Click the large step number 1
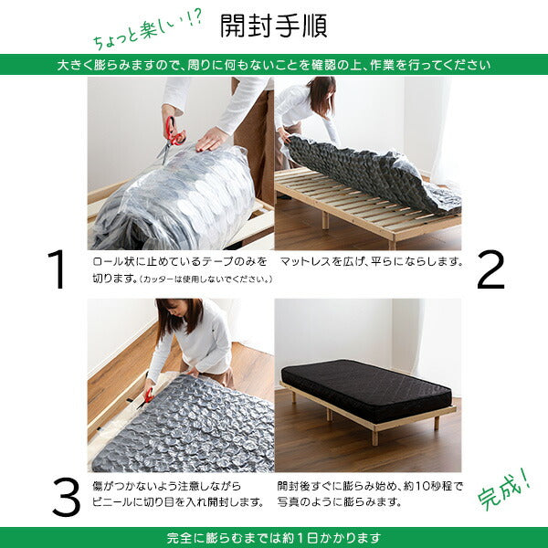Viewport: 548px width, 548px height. coord(58,269)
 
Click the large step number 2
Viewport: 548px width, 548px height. coord(490,269)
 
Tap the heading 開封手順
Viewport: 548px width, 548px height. coord(274,26)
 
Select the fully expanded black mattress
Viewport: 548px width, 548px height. coord(365,387)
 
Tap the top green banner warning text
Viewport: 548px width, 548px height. coord(274,66)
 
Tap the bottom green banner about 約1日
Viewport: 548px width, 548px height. coord(274,538)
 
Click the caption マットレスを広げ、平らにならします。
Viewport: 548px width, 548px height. coord(370,262)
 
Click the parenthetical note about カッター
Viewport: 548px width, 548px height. coord(195,279)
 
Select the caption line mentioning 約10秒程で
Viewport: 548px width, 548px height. coord(370,486)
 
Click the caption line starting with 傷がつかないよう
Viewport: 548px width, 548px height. coord(179,486)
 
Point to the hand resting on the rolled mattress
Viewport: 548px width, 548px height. coord(212,138)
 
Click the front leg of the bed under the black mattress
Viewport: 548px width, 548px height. coord(375,437)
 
